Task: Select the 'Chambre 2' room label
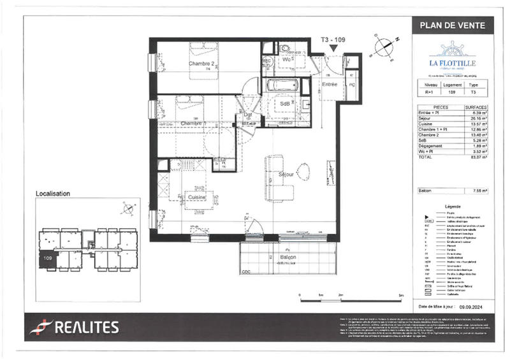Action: [x=201, y=64]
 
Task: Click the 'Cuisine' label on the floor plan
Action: [x=196, y=198]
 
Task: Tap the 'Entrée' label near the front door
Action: [x=329, y=84]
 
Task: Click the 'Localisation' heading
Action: [x=53, y=193]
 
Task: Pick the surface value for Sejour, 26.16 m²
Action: [x=479, y=117]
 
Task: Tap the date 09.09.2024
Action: [x=472, y=307]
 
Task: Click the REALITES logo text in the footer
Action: [x=86, y=328]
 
